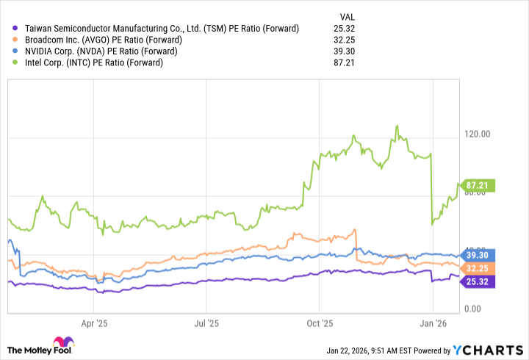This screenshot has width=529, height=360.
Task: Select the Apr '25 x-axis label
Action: click(x=94, y=323)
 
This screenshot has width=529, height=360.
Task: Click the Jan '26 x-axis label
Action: click(x=433, y=323)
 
